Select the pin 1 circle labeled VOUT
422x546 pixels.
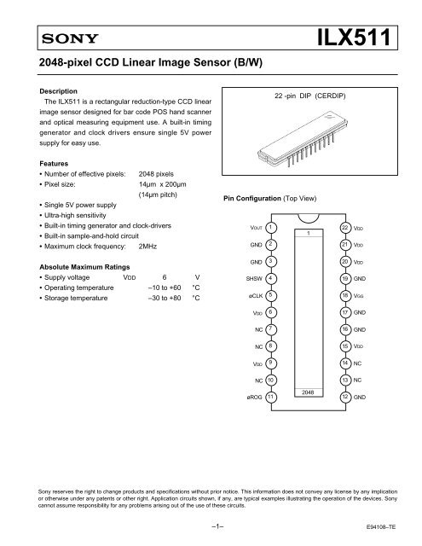[x=269, y=228]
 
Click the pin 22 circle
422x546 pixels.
[x=345, y=228]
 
